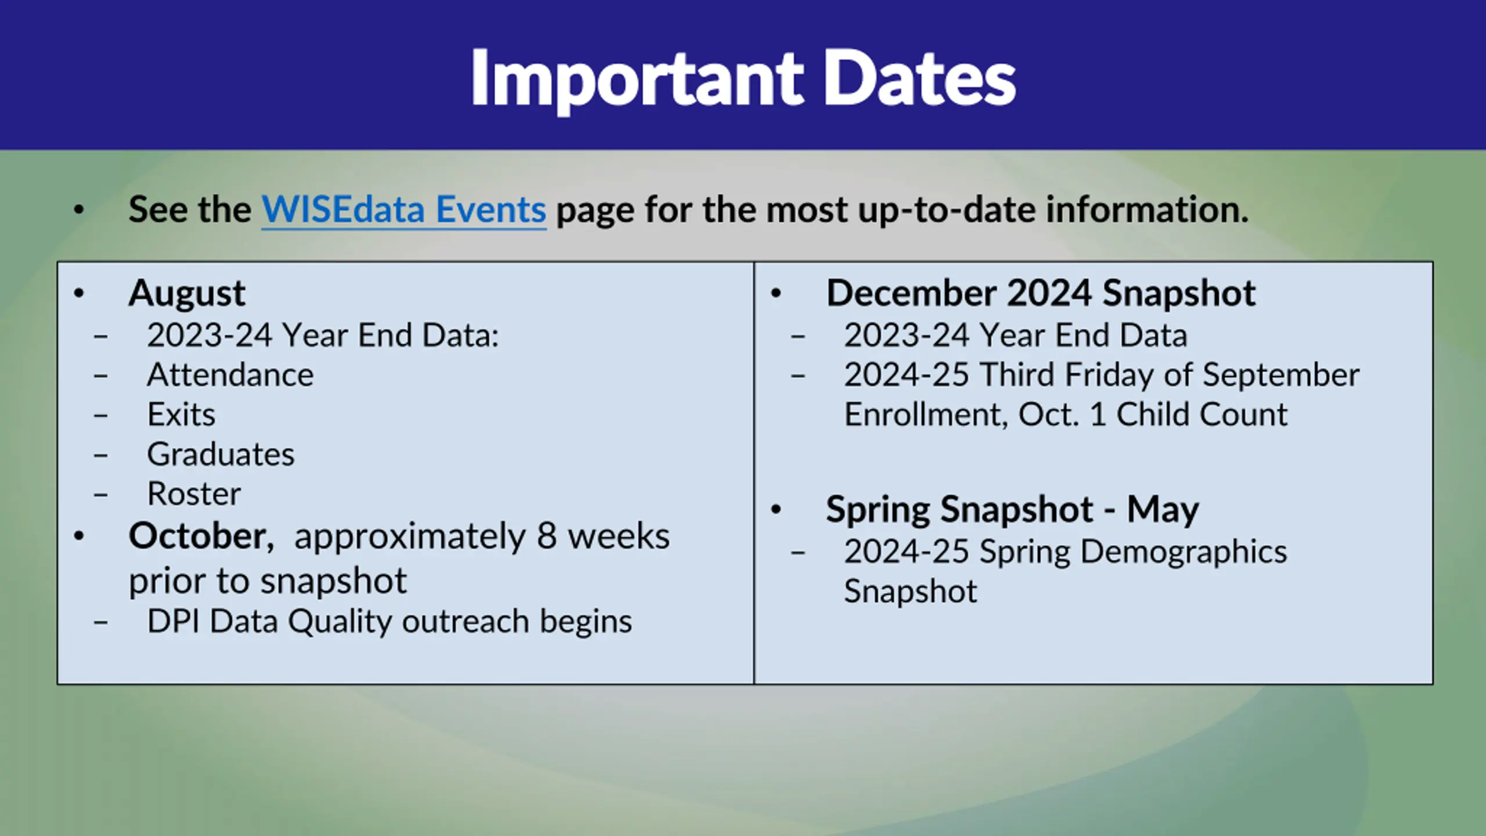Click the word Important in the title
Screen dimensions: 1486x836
[x=637, y=80]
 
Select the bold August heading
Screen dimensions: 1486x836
[x=187, y=294]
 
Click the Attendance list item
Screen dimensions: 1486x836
[x=230, y=374]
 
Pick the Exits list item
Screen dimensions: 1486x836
[x=181, y=415]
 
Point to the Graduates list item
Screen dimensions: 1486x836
[x=221, y=454]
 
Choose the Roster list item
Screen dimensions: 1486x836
[x=194, y=493]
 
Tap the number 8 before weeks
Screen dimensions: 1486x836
[x=547, y=536]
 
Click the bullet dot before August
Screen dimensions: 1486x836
[x=79, y=294]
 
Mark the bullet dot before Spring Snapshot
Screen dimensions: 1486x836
[x=776, y=510]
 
